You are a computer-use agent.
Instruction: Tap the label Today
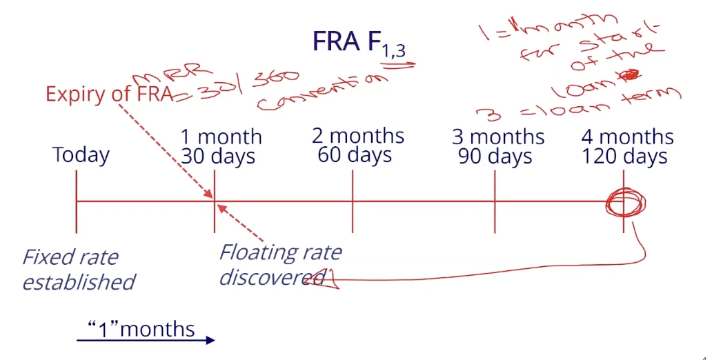pos(81,154)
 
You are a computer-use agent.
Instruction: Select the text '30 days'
pos(218,157)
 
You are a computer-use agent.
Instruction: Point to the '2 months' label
pos(358,135)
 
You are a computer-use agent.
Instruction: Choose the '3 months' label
pos(498,137)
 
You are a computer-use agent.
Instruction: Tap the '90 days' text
pos(495,157)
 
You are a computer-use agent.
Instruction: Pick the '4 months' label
pos(627,137)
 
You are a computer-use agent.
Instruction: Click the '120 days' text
pos(624,157)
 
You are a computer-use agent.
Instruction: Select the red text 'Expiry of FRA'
pos(108,94)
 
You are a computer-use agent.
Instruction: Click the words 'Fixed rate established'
pos(78,270)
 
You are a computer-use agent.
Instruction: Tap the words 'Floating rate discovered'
pos(279,264)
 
